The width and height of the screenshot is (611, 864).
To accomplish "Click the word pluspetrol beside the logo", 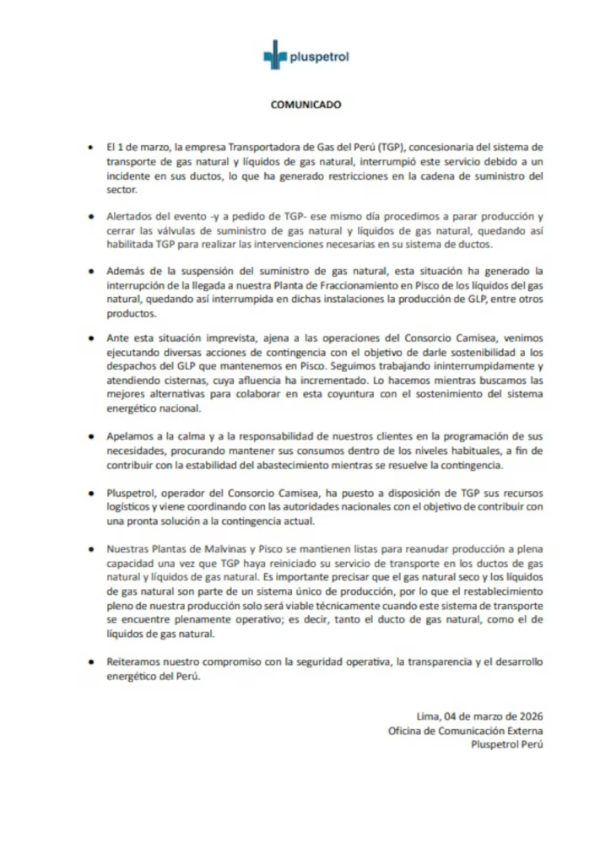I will pyautogui.click(x=318, y=58).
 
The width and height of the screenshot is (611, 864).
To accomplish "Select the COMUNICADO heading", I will pyautogui.click(x=305, y=105).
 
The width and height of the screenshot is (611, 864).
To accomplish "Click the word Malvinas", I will pyautogui.click(x=231, y=548).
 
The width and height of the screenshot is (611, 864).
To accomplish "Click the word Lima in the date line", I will pyautogui.click(x=427, y=715).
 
